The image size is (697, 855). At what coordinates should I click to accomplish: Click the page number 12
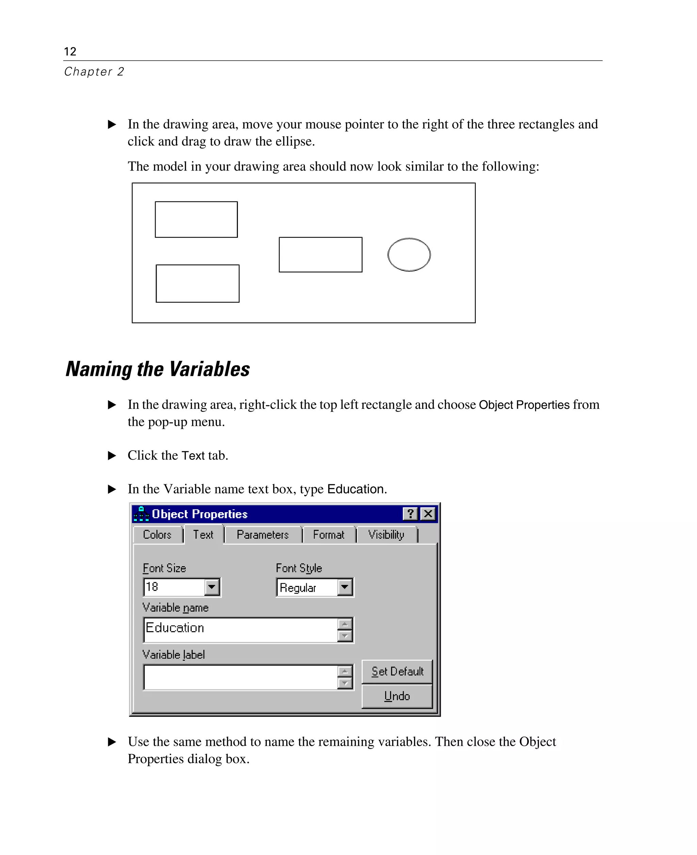pyautogui.click(x=70, y=51)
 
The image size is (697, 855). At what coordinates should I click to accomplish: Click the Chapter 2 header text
pyautogui.click(x=94, y=71)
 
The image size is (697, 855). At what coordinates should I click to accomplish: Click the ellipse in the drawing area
pyautogui.click(x=409, y=254)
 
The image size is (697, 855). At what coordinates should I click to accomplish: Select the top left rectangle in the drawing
pyautogui.click(x=196, y=219)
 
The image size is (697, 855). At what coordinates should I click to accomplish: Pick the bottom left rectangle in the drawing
pyautogui.click(x=197, y=283)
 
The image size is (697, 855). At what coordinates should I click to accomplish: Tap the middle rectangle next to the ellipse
pyautogui.click(x=320, y=254)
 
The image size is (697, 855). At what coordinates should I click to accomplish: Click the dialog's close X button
pyautogui.click(x=428, y=514)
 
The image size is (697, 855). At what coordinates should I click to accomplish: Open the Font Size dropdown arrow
pyautogui.click(x=212, y=587)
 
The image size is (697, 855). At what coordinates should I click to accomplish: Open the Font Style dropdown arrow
pyautogui.click(x=344, y=587)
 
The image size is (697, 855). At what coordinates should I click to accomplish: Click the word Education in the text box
pyautogui.click(x=175, y=627)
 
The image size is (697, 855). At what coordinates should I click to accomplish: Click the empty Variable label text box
pyautogui.click(x=240, y=677)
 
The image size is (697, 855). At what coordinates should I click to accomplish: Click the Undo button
pyautogui.click(x=397, y=696)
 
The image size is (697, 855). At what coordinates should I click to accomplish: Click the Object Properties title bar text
pyautogui.click(x=199, y=514)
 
